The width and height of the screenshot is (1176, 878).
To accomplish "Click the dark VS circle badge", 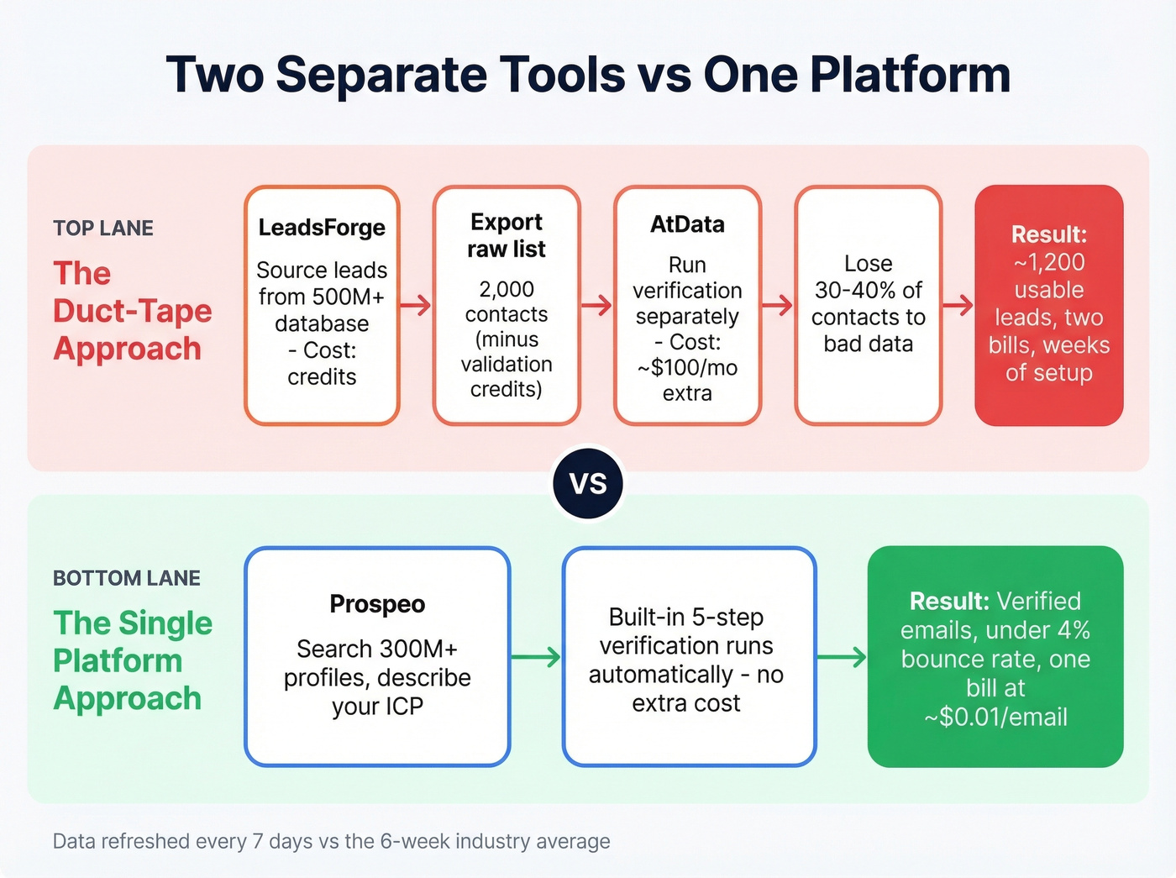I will [588, 483].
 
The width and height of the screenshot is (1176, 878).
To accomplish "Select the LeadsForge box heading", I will [322, 228].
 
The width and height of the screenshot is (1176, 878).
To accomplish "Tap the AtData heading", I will [687, 224].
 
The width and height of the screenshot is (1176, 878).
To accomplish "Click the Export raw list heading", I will [507, 235].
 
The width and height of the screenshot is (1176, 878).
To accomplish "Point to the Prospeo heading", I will [377, 604].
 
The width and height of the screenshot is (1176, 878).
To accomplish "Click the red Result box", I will [1048, 305].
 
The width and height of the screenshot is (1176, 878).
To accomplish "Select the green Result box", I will [995, 657].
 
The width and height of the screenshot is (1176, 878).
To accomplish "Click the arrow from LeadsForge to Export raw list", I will [415, 306].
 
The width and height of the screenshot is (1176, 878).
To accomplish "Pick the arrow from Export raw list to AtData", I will [596, 306].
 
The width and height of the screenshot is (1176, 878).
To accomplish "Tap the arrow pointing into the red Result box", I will [958, 306].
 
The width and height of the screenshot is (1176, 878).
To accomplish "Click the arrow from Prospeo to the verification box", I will [536, 657].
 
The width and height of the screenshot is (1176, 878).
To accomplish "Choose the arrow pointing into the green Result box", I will [842, 657].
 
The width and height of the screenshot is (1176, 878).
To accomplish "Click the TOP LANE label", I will [103, 229].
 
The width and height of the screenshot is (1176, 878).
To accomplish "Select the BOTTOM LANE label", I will [127, 578].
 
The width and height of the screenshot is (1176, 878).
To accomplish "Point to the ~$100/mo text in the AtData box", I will [687, 368].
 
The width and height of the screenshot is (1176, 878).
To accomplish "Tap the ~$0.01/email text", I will [995, 718].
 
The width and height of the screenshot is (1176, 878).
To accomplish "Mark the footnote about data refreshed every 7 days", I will [331, 841].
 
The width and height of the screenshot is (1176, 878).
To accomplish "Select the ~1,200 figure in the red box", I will [1048, 262].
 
